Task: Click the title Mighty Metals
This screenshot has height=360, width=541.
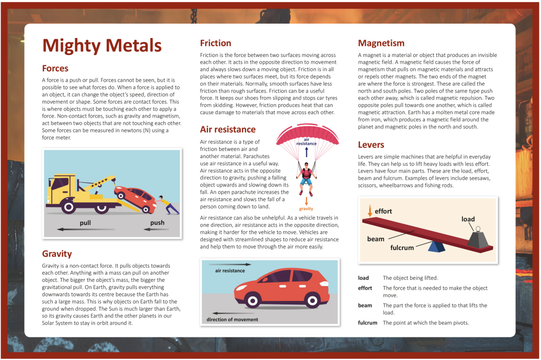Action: click(102, 45)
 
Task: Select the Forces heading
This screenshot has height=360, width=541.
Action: click(55, 68)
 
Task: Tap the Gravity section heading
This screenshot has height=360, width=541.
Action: click(57, 254)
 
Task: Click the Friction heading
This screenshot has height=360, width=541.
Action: click(216, 43)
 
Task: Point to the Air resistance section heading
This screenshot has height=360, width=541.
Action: click(227, 129)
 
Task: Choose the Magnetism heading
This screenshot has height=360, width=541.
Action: click(381, 43)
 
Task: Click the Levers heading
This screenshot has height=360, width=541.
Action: click(371, 145)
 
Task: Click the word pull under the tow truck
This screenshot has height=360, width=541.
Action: click(85, 223)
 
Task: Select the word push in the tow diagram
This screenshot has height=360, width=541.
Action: click(157, 223)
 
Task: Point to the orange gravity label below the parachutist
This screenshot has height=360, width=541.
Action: click(306, 209)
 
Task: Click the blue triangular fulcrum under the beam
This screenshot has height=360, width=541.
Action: click(437, 248)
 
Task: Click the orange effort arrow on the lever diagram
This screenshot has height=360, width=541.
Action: click(369, 210)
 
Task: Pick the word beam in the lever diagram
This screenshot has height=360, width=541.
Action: click(376, 239)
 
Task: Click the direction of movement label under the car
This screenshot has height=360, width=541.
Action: click(232, 319)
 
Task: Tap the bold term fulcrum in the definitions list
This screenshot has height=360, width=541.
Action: click(368, 323)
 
